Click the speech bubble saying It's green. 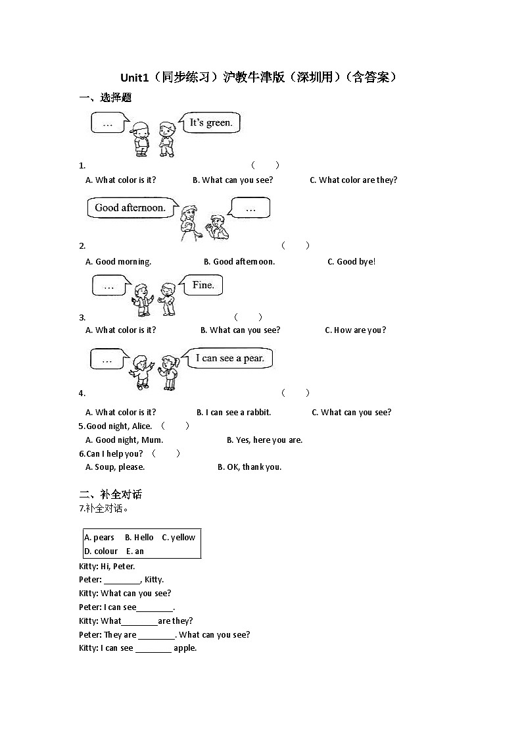click(210, 122)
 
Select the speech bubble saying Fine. click(203, 285)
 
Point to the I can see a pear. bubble click(229, 358)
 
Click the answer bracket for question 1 click(265, 165)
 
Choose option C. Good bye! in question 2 click(351, 261)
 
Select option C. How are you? click(355, 330)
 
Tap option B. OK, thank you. click(249, 467)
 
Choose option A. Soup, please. click(115, 467)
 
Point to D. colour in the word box click(101, 551)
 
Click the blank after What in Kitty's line click(139, 622)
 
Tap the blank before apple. click(153, 649)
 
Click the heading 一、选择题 click(105, 97)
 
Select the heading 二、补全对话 click(110, 494)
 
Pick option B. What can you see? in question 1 click(233, 180)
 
